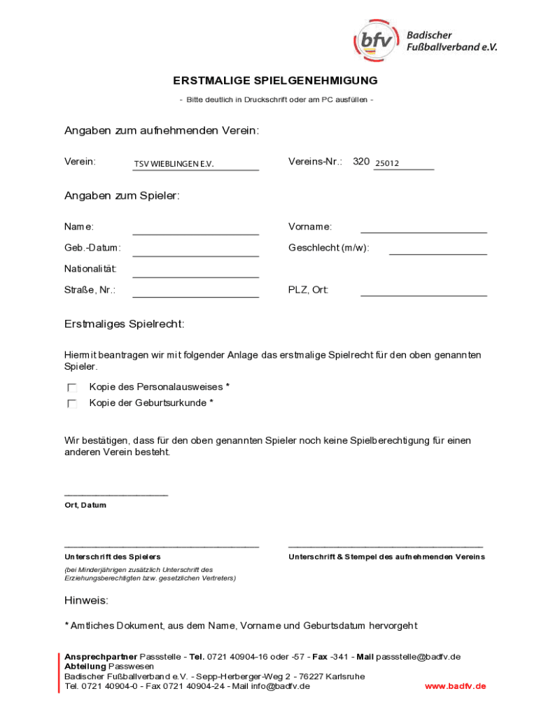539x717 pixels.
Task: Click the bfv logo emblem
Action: click(377, 41)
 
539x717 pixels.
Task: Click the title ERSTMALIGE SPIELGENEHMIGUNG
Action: click(276, 81)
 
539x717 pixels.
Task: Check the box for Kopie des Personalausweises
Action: click(72, 388)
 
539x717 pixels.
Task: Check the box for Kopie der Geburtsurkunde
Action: click(72, 404)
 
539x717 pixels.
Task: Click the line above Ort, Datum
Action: click(116, 494)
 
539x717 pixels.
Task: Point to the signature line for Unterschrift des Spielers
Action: click(162, 545)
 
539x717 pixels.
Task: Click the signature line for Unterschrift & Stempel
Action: click(385, 545)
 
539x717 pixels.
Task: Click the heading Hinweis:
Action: click(87, 601)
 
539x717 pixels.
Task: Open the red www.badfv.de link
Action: click(455, 686)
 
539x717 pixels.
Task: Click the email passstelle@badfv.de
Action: click(418, 657)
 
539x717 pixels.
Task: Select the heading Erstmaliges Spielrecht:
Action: click(125, 324)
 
